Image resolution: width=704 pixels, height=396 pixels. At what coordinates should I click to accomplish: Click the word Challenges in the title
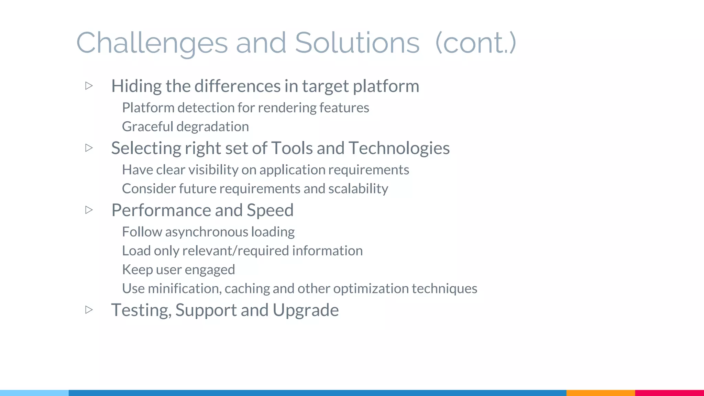click(152, 43)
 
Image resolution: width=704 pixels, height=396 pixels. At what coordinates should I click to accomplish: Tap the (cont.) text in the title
click(476, 43)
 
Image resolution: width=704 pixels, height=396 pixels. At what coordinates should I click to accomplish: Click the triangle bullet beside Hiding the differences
click(89, 86)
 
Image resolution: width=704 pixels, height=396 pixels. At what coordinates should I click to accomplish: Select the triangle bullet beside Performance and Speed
click(89, 210)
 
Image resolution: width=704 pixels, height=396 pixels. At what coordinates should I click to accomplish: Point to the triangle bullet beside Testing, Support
click(89, 310)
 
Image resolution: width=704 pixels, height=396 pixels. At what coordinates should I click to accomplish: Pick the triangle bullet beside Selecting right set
click(89, 148)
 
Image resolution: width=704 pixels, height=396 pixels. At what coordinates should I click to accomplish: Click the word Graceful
click(147, 127)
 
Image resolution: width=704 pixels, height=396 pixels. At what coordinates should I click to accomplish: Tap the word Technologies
click(399, 148)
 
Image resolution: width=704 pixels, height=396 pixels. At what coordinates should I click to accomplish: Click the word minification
click(184, 288)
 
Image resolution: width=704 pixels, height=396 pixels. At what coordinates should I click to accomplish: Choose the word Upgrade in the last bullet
click(306, 310)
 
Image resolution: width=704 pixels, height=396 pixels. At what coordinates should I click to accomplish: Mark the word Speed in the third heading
click(270, 210)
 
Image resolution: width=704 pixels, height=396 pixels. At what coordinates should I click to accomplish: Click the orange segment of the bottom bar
click(601, 393)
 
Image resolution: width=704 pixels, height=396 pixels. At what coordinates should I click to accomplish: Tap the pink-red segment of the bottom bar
click(669, 393)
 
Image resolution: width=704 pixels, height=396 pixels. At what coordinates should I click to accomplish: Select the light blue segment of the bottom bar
click(34, 393)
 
